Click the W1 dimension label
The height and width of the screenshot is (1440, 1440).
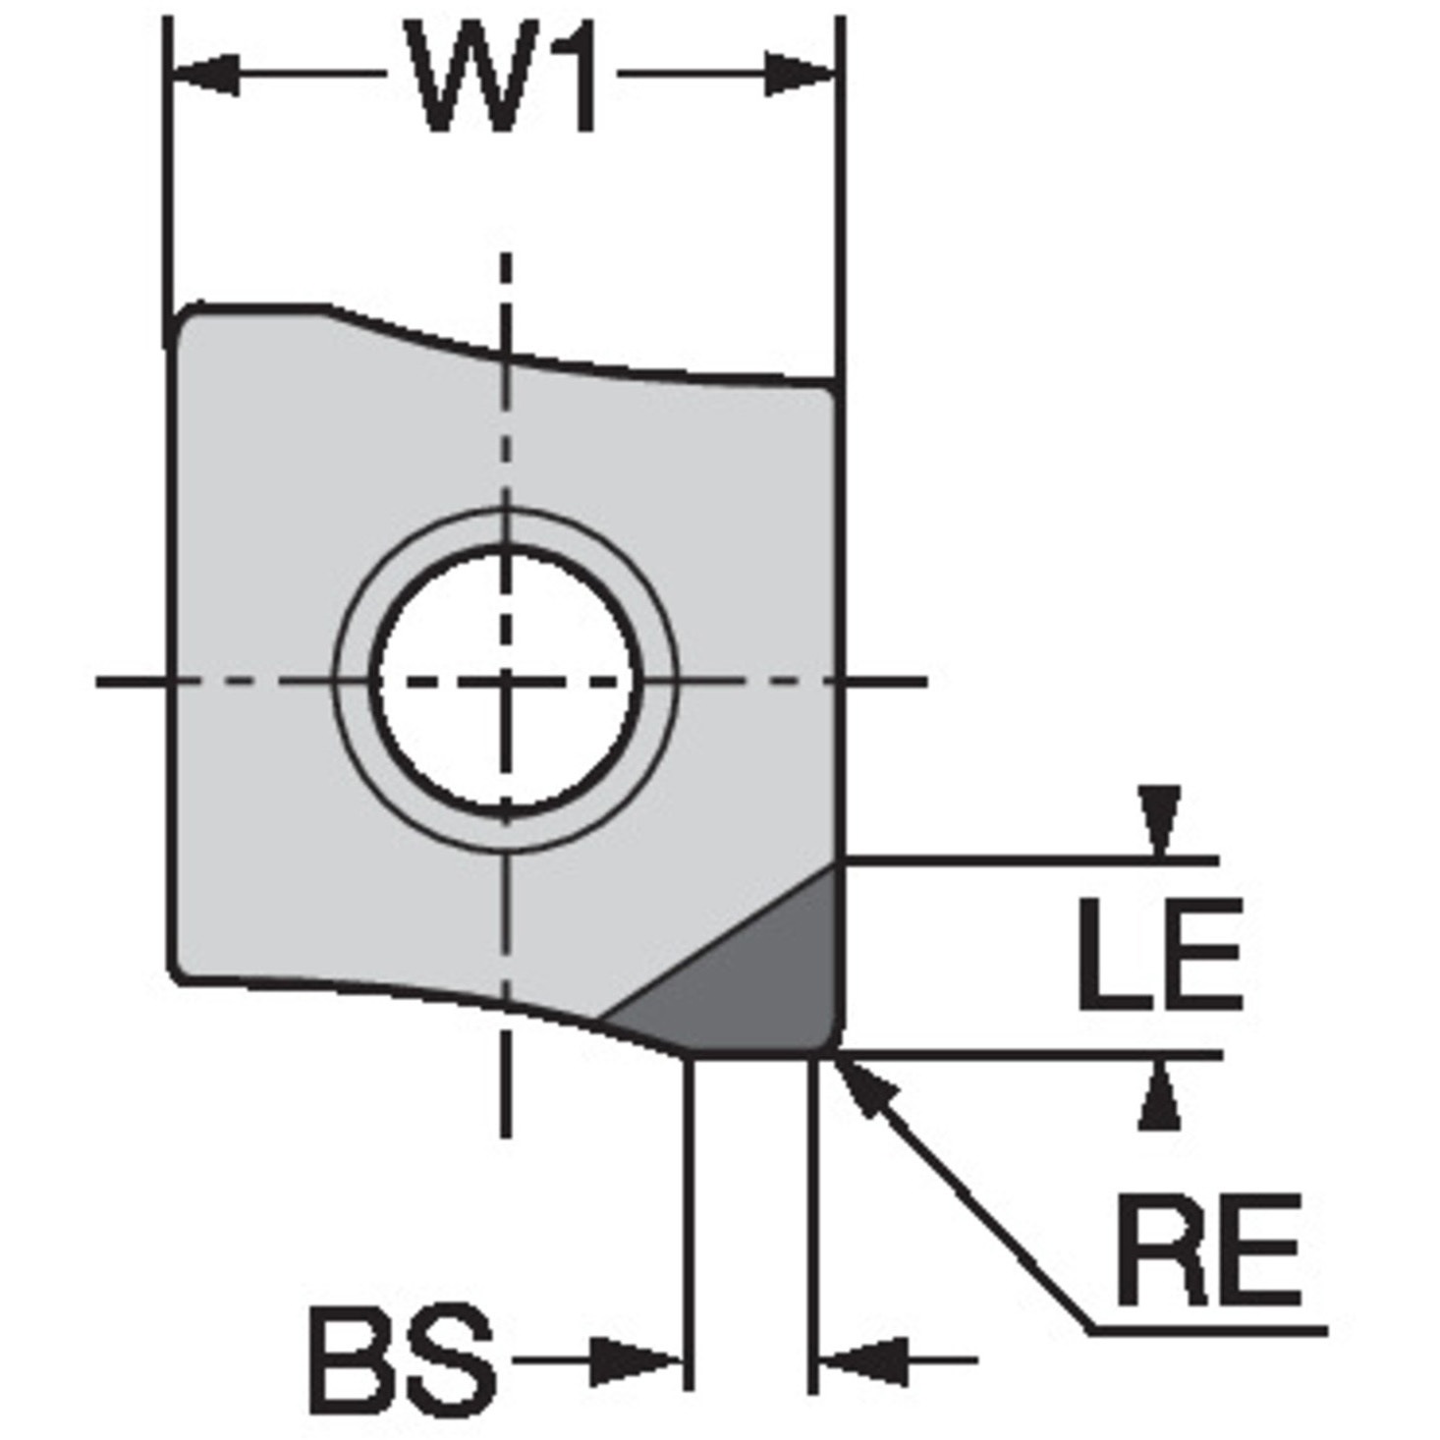502,75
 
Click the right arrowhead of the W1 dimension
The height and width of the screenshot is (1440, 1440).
799,75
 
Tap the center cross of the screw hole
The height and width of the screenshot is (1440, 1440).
508,682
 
